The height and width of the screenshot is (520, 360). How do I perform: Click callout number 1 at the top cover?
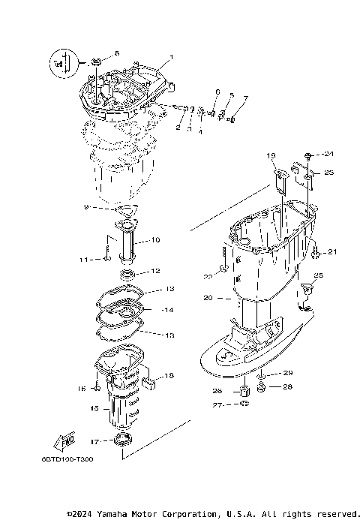click(x=171, y=57)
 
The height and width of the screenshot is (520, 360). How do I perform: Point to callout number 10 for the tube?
click(x=156, y=240)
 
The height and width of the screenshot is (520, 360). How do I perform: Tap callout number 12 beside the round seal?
click(x=156, y=271)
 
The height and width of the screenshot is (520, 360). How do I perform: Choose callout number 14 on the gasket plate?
click(x=167, y=309)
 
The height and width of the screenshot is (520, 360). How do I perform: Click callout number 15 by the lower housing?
click(x=94, y=409)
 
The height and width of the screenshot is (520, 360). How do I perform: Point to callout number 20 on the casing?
click(x=208, y=298)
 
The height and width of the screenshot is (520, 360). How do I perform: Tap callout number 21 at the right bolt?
click(x=333, y=251)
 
